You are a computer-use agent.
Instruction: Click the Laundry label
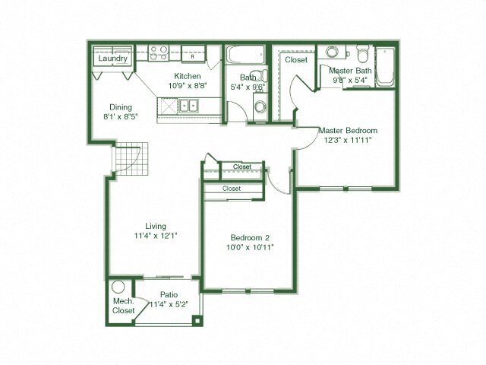click(x=112, y=58)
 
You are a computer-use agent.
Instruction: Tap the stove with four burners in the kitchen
click(x=159, y=53)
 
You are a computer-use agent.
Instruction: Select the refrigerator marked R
click(x=193, y=56)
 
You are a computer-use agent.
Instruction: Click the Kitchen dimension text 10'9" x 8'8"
click(x=188, y=86)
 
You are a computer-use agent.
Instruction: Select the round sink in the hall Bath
click(x=260, y=106)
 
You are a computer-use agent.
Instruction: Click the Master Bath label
click(x=349, y=71)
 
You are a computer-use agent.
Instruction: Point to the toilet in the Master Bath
click(x=362, y=56)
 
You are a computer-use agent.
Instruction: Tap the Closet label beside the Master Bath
click(x=295, y=59)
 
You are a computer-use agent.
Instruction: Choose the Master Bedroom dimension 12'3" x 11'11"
click(x=347, y=140)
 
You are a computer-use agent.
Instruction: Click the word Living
click(x=156, y=226)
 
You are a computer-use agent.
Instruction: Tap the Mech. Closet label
click(x=123, y=306)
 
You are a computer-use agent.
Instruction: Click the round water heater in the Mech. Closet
click(x=118, y=288)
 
